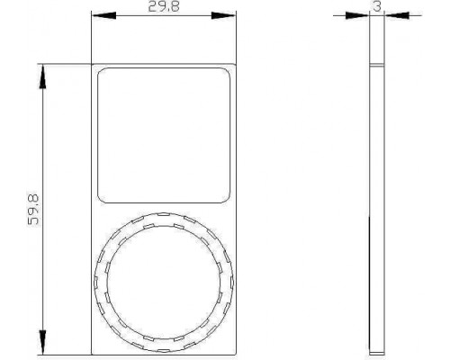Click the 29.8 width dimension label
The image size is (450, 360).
(x=164, y=6)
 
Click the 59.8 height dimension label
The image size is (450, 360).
(x=33, y=210)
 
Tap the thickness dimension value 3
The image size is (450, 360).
(x=377, y=6)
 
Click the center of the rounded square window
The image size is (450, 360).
(x=164, y=135)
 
